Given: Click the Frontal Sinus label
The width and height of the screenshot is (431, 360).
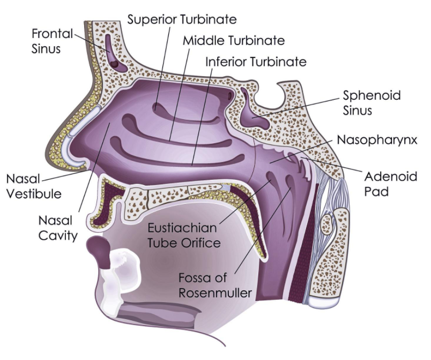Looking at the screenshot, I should [x=52, y=41].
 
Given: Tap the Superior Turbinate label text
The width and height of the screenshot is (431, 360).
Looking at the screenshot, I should [x=182, y=20].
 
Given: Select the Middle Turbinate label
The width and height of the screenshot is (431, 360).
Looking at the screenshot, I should [x=233, y=41].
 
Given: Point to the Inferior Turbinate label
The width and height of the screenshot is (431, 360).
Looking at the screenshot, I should [x=256, y=62].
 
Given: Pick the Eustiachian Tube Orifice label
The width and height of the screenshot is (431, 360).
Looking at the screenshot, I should [x=184, y=236].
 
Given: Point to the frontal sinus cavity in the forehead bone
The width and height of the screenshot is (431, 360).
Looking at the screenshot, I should [x=113, y=52].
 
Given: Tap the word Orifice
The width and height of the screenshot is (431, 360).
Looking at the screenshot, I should [x=203, y=243].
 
